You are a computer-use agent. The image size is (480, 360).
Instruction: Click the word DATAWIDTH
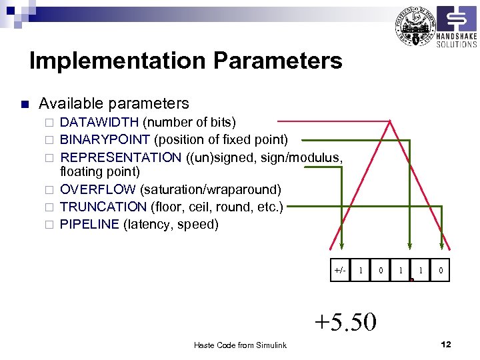pos(99,123)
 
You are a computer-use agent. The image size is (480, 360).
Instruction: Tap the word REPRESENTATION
pos(121,157)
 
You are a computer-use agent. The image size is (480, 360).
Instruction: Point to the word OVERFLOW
pos(97,189)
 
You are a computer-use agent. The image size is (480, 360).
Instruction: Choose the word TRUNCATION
pos(103,207)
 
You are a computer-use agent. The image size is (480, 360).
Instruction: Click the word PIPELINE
pos(89,224)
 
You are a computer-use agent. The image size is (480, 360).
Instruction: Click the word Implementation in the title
pos(118,61)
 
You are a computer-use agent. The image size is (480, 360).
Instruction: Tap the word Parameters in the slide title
pos(278,61)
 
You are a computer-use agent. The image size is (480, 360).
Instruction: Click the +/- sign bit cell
pos(340,270)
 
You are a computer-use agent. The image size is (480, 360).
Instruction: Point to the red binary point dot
pos(413,280)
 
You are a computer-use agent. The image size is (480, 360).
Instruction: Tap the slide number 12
pos(446,344)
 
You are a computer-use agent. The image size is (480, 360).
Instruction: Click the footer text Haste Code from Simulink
pos(240,345)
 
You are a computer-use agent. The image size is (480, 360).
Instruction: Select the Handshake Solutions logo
pos(456,27)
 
